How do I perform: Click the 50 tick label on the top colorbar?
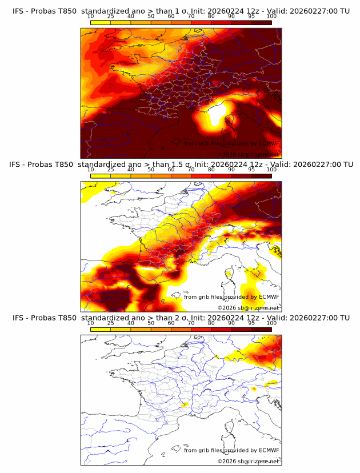151,16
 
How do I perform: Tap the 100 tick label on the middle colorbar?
271,170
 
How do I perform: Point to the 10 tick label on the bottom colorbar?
91,323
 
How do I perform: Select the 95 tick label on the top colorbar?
251,16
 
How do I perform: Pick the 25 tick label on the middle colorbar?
111,170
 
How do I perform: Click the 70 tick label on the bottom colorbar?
191,323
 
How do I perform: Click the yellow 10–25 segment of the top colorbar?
101,22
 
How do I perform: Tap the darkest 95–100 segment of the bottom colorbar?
261,330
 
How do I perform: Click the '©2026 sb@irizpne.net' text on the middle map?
248,307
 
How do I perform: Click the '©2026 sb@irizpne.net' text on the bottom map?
248,461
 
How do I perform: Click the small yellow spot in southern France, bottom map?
183,405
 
